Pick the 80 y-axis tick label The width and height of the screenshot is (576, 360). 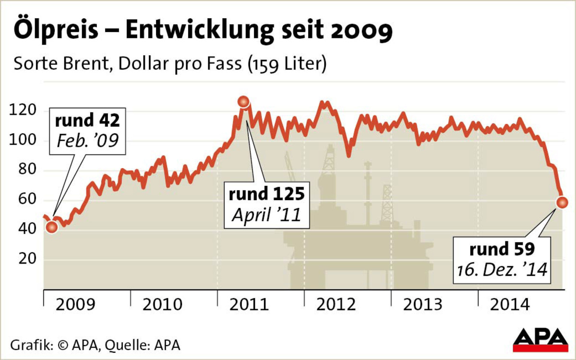25,171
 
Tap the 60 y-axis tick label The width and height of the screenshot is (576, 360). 25,200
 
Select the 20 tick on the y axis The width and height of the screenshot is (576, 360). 25,259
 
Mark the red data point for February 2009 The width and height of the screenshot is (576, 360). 52,227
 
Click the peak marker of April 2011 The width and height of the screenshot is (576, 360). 244,101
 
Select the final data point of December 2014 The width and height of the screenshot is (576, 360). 562,202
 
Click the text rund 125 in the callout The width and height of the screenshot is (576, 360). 266,194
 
